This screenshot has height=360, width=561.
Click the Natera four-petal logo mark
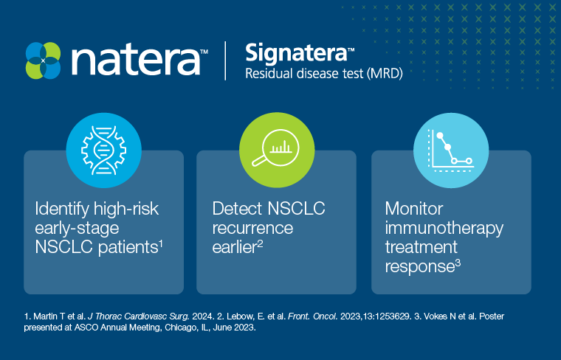click(44, 60)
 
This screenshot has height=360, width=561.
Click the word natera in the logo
click(136, 60)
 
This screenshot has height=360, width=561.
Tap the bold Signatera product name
click(296, 52)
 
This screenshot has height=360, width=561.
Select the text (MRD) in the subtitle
click(385, 74)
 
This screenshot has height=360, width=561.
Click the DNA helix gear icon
click(104, 150)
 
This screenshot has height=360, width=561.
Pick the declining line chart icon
click(451, 150)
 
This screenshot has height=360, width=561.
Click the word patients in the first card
click(128, 247)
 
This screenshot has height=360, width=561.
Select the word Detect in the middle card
click(237, 209)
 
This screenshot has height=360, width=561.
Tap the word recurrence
click(252, 228)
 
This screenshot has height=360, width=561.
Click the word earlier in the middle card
click(234, 247)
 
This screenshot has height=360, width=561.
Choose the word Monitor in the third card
click(414, 209)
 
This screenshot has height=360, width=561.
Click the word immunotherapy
click(444, 229)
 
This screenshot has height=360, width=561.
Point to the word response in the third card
click(420, 267)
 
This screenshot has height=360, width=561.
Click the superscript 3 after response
click(458, 264)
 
